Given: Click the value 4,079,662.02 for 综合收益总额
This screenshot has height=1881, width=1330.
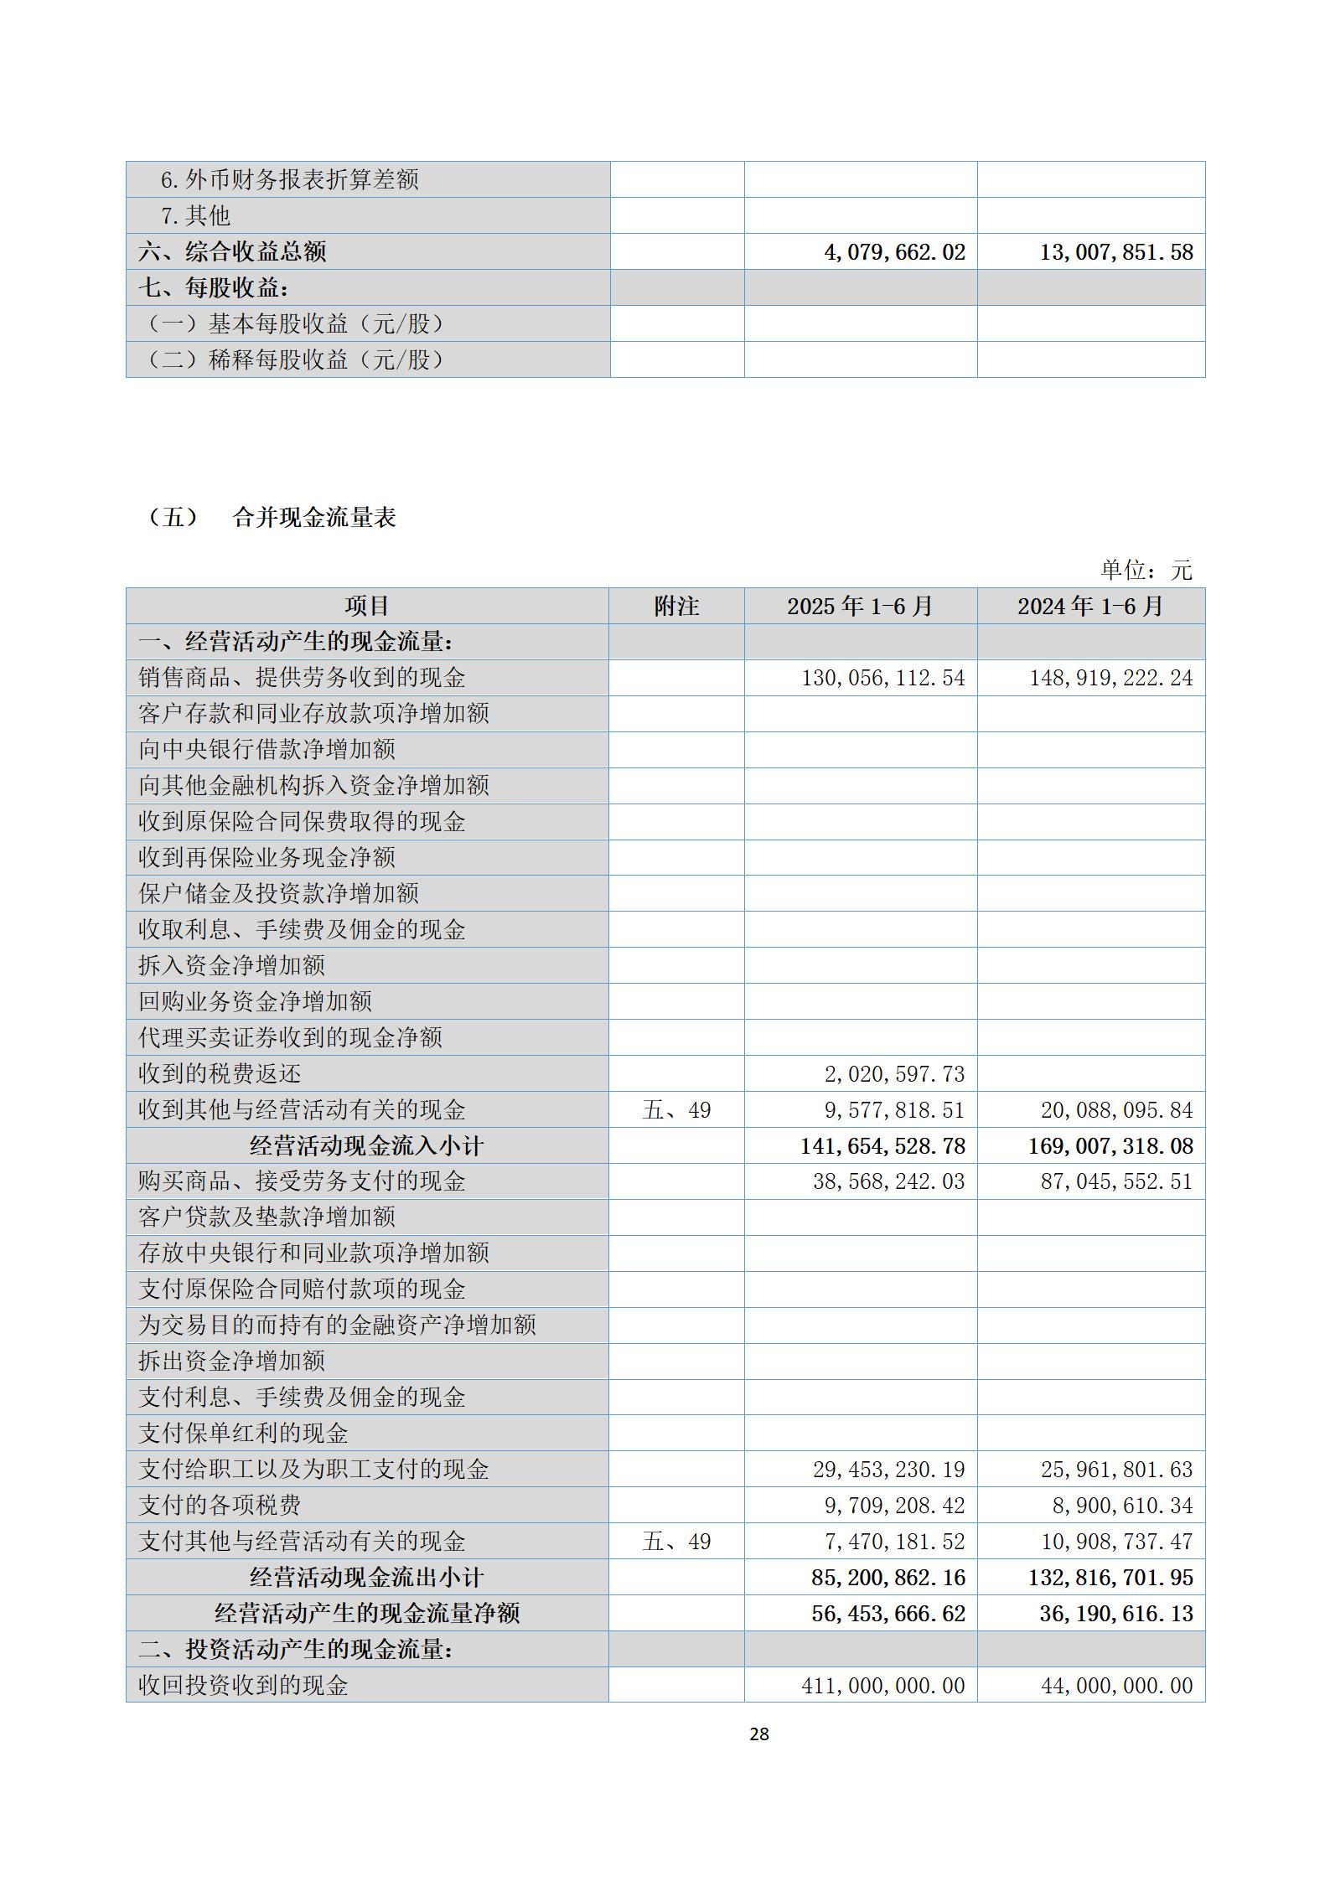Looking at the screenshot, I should [894, 252].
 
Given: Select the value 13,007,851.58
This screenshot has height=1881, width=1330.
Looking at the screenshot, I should [1116, 252].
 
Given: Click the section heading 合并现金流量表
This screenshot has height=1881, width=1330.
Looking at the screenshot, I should [313, 518].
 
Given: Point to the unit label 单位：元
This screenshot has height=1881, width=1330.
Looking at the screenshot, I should [1145, 571].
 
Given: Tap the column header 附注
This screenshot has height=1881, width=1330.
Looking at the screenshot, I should [675, 606].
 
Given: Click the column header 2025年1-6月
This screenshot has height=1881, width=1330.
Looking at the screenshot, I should [860, 606].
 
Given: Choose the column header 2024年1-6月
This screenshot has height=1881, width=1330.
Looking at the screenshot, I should [1090, 606].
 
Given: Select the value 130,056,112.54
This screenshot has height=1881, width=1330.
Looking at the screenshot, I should [882, 678].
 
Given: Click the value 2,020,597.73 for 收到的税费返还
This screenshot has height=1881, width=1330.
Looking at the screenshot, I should [894, 1074].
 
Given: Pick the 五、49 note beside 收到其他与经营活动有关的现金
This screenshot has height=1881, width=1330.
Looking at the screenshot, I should [675, 1110].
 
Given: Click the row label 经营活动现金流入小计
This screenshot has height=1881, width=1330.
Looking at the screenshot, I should [366, 1145].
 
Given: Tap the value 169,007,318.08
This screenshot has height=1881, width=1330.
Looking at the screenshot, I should [1110, 1145].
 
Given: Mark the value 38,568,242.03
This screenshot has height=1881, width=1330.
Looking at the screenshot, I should [888, 1181].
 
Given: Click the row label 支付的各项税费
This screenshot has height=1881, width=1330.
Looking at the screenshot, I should [220, 1506].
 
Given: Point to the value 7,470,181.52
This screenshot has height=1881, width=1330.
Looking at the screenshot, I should [894, 1542].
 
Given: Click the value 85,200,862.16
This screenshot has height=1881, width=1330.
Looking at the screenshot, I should [888, 1578].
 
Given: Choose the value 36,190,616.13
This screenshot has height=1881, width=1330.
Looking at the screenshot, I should [1116, 1614].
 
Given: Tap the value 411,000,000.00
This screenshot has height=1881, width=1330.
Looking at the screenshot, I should [882, 1686].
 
